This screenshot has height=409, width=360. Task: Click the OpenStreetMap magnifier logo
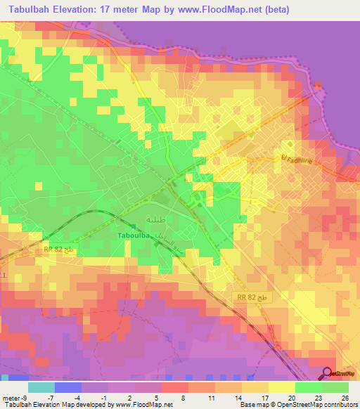pos(328,373)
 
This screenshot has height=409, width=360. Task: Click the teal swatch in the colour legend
pos(41,387)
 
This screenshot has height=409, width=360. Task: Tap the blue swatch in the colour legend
pos(68,387)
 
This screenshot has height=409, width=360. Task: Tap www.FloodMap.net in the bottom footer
pos(146,405)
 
